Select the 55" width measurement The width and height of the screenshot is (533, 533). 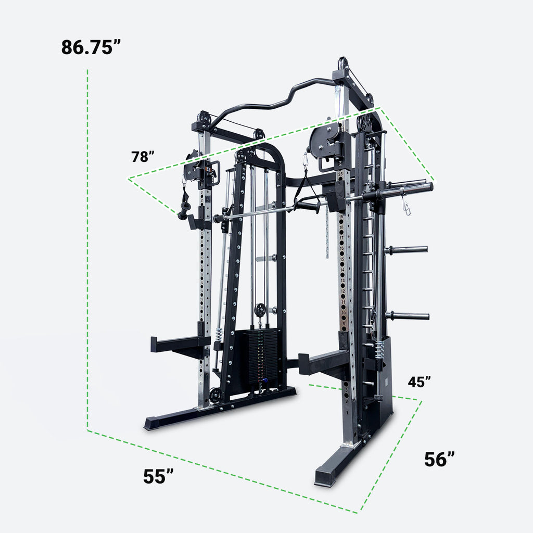tap(158, 476)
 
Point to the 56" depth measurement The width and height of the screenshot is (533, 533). tap(439, 459)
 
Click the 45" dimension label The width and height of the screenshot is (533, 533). tap(420, 382)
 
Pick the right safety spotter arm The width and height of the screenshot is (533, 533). tap(323, 362)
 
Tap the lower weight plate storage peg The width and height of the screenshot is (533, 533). tap(407, 315)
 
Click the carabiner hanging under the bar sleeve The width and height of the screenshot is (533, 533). tap(406, 208)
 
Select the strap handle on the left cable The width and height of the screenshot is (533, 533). tap(185, 203)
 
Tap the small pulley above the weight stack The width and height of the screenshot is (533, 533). tap(260, 311)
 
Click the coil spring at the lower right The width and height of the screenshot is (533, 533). tap(378, 349)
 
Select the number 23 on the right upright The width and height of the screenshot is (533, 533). tap(340, 173)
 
